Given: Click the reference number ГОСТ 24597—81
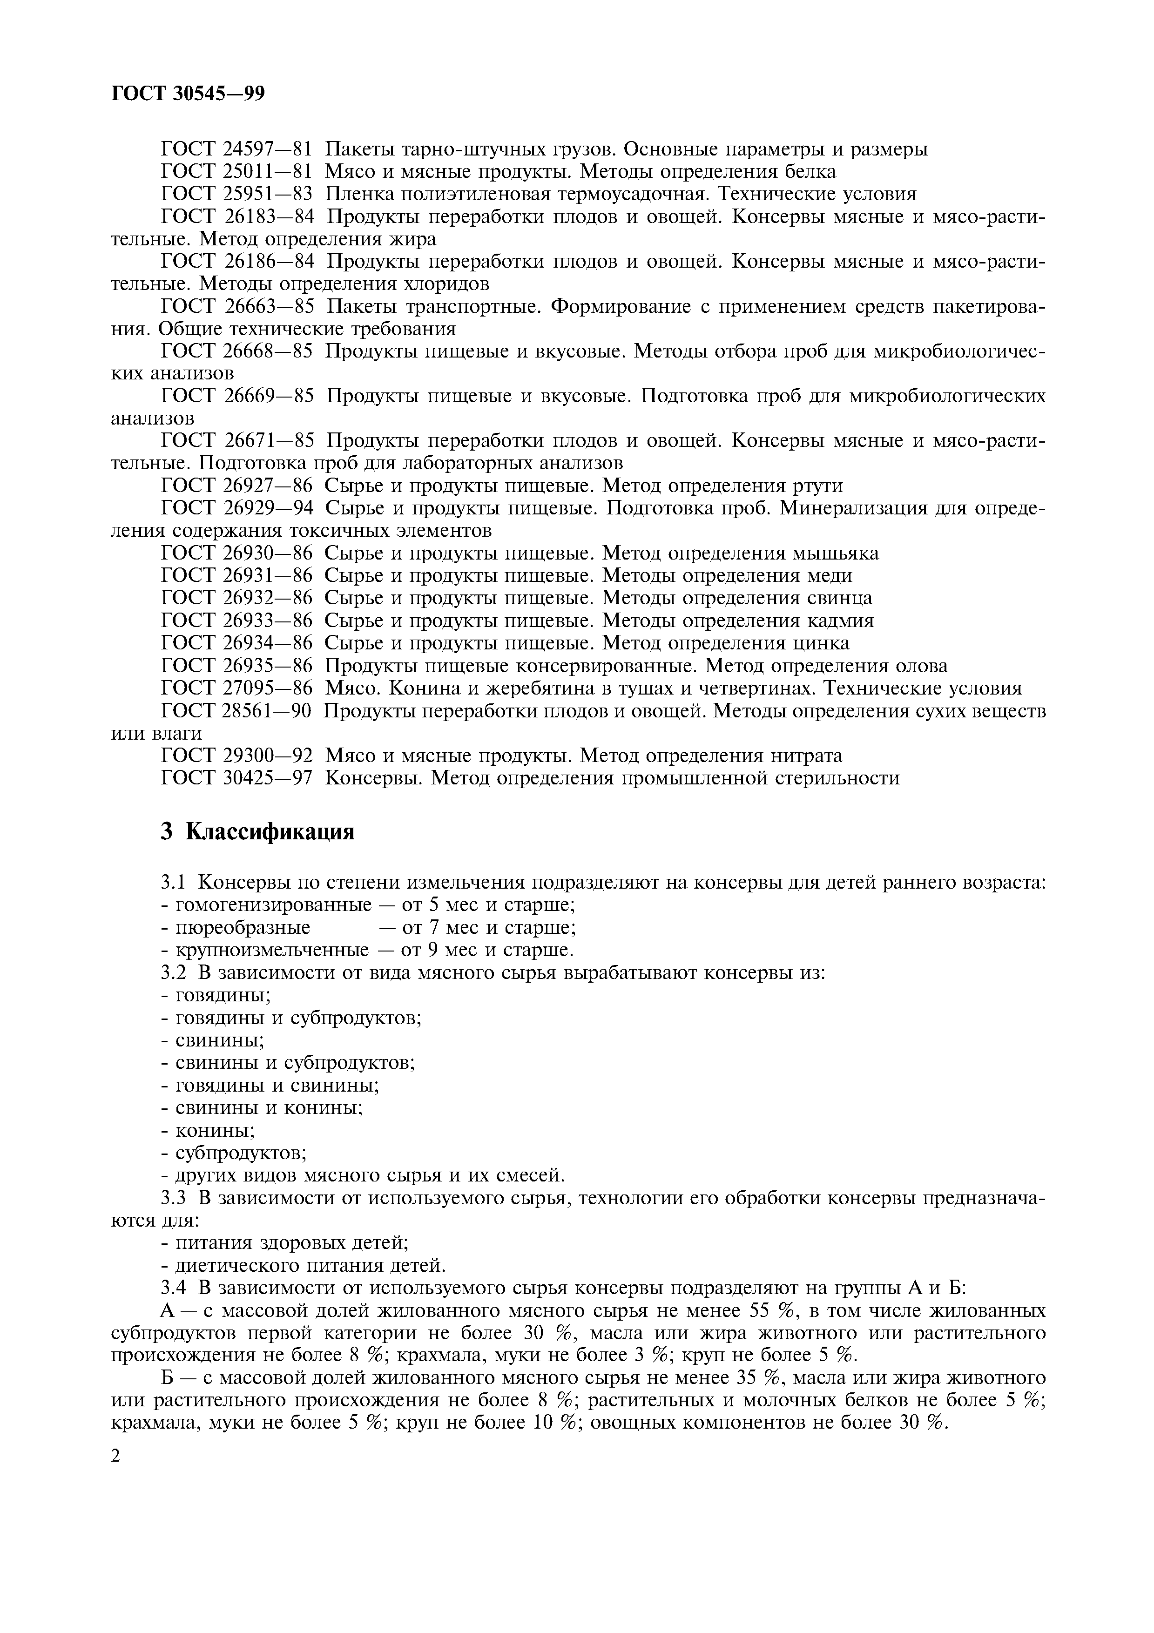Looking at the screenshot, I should tap(237, 149).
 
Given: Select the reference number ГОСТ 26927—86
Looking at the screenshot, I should tap(237, 486).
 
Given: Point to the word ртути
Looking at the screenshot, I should tap(816, 486).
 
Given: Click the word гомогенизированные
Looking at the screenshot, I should tap(273, 905).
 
